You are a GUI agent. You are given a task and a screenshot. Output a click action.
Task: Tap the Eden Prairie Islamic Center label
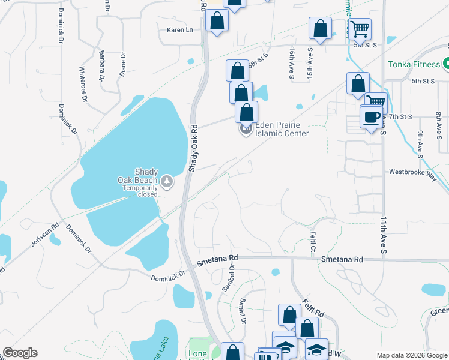[x=282, y=129]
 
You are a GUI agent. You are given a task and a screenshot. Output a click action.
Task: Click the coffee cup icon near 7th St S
[x=371, y=116]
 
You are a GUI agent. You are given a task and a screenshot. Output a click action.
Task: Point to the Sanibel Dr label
[x=228, y=278]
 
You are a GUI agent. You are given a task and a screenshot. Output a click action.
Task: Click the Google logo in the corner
[x=20, y=353]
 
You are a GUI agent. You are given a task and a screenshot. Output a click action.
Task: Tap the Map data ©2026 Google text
[x=412, y=355]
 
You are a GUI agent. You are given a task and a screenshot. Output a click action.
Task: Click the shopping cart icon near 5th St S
[x=360, y=29]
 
